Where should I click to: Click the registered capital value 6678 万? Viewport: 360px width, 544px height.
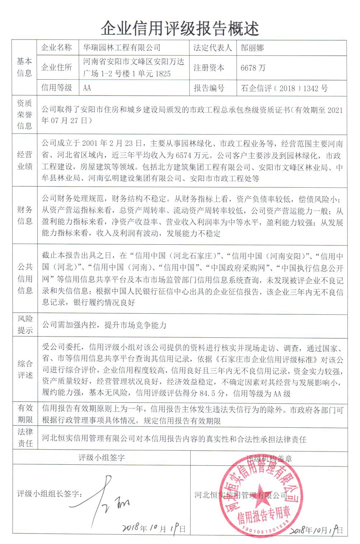tap(253, 68)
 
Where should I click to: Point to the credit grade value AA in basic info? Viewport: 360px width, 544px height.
tap(87, 88)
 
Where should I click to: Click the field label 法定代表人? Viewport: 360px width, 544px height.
tap(213, 48)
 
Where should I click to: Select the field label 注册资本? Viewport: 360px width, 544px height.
tap(209, 68)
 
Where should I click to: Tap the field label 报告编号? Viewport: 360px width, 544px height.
tap(209, 88)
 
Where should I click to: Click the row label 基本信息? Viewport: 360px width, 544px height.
tap(24, 67)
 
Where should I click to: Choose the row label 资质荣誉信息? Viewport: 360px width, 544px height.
tap(24, 114)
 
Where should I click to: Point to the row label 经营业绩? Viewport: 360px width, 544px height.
tap(24, 160)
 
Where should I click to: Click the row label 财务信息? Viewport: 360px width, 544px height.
tap(24, 215)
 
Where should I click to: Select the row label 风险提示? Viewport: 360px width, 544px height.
tap(24, 324)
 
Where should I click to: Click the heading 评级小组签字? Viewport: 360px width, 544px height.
tap(102, 458)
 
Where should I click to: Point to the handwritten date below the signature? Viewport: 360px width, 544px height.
tap(154, 528)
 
